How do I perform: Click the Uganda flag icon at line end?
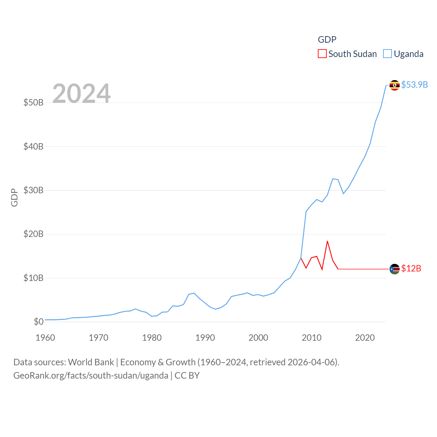(394, 85)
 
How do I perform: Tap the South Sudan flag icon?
(394, 269)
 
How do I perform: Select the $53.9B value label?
(414, 85)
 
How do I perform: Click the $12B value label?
(411, 268)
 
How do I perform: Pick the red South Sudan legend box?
(322, 54)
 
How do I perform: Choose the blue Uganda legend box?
(387, 54)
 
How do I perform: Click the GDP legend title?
(327, 40)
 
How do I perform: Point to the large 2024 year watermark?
(81, 93)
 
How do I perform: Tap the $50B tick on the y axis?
(33, 102)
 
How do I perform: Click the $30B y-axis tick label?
(33, 190)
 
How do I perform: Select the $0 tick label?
(39, 322)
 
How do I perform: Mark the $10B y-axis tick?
(33, 278)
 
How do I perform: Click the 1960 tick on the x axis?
(45, 338)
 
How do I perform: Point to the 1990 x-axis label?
(205, 338)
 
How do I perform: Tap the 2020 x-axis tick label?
(365, 338)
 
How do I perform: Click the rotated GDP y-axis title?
(14, 197)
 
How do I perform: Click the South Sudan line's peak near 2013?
(327, 241)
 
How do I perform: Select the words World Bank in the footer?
(91, 362)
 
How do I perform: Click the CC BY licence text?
(187, 376)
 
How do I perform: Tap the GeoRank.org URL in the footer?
(91, 376)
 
